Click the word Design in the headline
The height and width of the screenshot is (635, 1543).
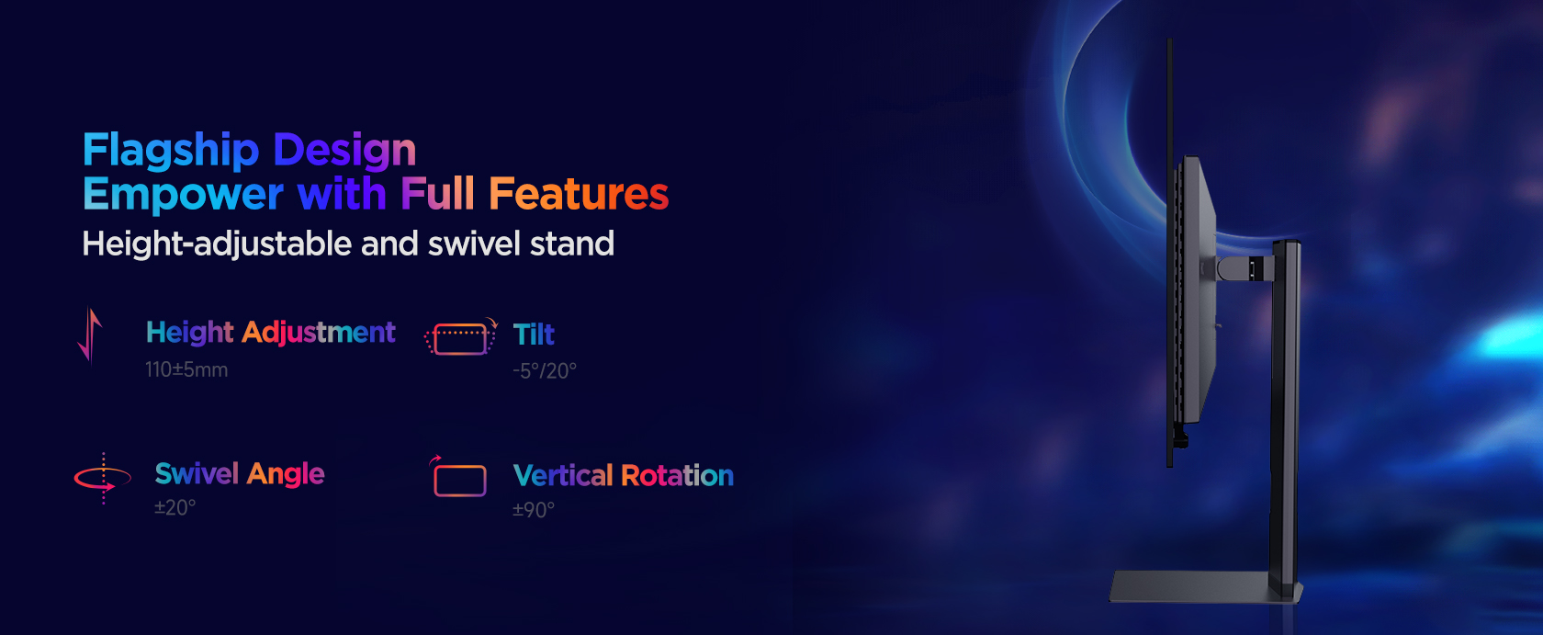(x=344, y=150)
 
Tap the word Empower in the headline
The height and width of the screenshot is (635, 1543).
(x=183, y=194)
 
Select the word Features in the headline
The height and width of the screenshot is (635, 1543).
(x=579, y=193)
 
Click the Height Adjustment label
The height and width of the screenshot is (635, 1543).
(x=271, y=333)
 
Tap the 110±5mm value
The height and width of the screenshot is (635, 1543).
(x=186, y=369)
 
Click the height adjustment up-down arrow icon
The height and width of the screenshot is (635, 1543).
(x=90, y=335)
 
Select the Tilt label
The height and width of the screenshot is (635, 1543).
(x=534, y=335)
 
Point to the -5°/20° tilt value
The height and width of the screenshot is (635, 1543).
(x=544, y=371)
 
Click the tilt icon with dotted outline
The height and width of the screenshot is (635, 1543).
(x=461, y=337)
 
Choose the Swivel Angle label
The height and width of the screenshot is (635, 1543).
(x=240, y=473)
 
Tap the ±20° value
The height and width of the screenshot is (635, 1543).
(x=175, y=508)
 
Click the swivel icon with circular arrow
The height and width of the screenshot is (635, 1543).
(x=103, y=478)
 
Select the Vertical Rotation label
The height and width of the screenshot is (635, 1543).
(x=624, y=475)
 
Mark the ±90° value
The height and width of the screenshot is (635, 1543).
(x=533, y=510)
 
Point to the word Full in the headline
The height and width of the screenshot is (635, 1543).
(x=437, y=193)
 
